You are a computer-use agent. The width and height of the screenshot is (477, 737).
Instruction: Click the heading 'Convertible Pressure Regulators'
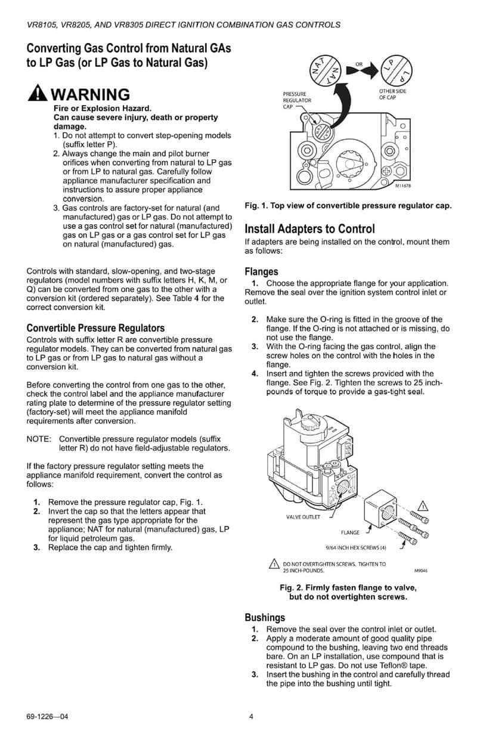tap(95, 328)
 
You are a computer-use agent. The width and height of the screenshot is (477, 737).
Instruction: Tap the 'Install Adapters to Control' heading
tap(309, 229)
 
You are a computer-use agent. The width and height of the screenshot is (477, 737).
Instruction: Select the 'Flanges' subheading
tap(261, 272)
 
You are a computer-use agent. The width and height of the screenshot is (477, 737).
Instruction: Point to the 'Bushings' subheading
tap(265, 617)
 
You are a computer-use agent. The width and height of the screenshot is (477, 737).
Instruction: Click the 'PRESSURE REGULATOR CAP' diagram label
tap(295, 100)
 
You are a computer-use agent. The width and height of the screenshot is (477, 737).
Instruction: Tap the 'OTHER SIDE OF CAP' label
tap(392, 94)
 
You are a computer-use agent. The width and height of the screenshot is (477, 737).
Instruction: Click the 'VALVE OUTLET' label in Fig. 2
tap(303, 517)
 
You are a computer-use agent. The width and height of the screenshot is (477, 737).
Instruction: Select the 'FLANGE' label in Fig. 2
tap(350, 532)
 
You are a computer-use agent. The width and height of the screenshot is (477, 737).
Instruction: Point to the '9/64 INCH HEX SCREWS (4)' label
tap(356, 547)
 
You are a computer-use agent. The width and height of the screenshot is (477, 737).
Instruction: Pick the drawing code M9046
tap(420, 571)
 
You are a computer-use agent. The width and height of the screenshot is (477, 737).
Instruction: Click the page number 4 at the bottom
tap(251, 717)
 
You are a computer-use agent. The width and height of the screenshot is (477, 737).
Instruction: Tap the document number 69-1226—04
tap(47, 717)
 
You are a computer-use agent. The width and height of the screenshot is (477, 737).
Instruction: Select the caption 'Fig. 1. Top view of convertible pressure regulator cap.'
tap(348, 206)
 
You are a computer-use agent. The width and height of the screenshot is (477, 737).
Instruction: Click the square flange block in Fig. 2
tap(380, 509)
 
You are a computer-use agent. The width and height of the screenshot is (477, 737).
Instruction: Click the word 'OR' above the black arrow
tap(359, 63)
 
